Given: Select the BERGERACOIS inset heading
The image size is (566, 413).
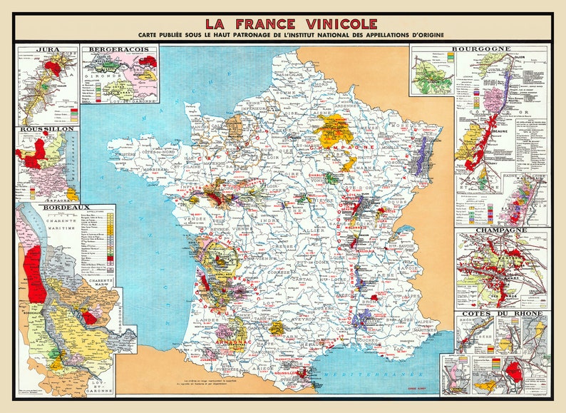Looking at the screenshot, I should pyautogui.click(x=119, y=51).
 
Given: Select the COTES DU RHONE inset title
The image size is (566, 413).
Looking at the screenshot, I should pyautogui.click(x=501, y=313).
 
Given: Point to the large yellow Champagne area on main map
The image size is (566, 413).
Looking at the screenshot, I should pyautogui.click(x=334, y=132).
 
